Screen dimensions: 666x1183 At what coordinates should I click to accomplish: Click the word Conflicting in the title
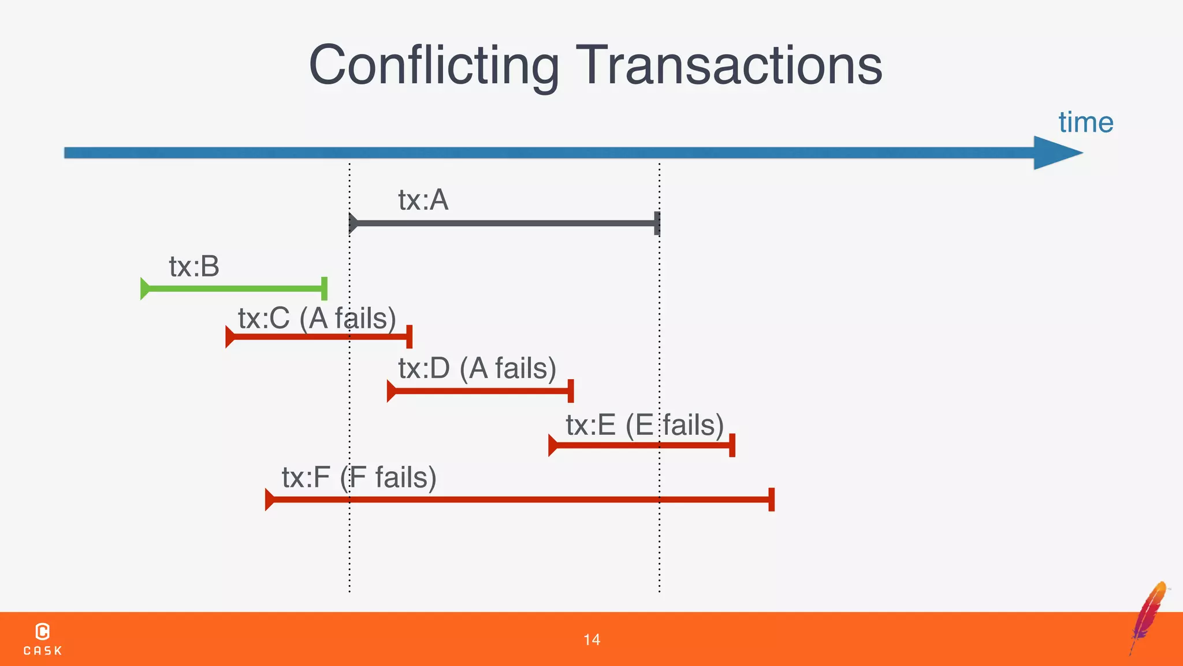434,65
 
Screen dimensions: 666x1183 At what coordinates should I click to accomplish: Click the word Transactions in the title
729,65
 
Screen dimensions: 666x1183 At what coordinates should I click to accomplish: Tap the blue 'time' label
1085,123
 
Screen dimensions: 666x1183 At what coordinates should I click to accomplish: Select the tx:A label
423,200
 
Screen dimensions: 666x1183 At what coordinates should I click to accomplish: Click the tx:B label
194,267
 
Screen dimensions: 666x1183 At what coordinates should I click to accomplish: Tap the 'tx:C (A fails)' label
317,319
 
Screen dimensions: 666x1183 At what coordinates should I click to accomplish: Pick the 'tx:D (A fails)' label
477,368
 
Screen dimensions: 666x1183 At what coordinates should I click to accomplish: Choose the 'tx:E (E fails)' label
645,425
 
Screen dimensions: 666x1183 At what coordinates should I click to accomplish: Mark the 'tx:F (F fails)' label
359,478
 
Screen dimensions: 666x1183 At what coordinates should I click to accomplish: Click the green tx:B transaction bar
234,288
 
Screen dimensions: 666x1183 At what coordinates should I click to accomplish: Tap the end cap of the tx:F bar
771,499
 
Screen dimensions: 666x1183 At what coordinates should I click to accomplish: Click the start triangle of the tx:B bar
144,288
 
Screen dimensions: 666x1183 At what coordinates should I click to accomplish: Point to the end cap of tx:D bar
571,391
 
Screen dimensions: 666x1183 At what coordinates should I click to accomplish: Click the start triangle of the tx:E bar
552,445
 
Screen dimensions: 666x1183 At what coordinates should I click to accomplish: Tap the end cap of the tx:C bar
409,336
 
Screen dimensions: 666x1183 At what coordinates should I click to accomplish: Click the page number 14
591,639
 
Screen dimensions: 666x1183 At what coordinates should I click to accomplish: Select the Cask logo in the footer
43,639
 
